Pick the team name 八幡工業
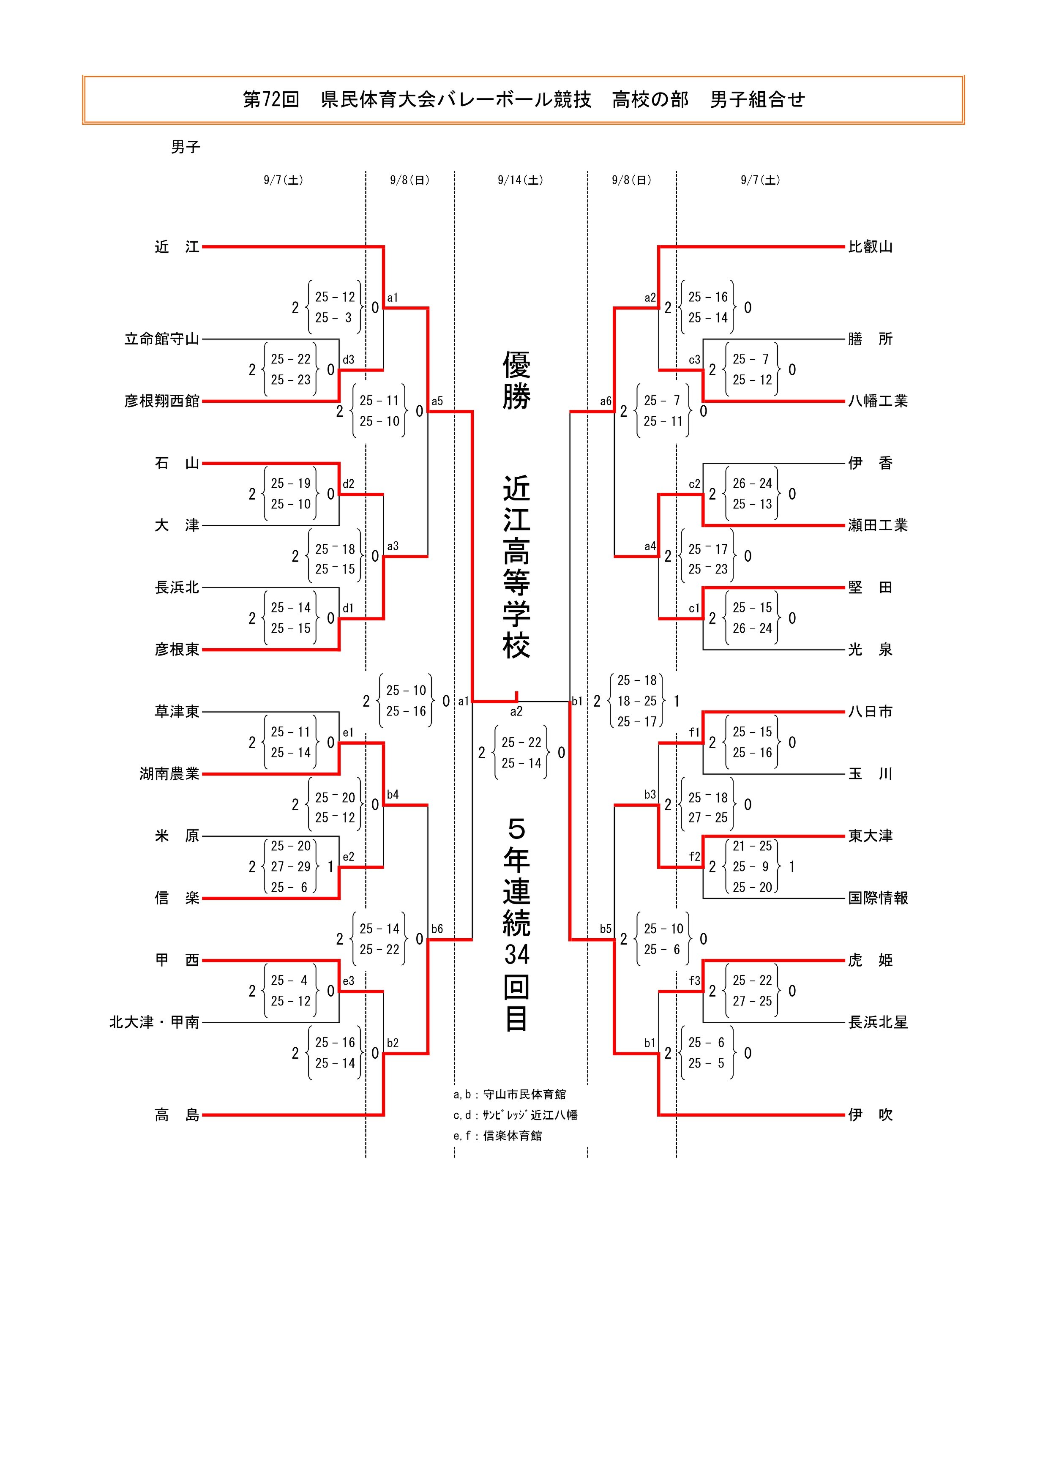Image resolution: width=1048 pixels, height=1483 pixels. click(x=878, y=401)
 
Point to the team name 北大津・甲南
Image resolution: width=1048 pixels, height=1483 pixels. click(x=154, y=1022)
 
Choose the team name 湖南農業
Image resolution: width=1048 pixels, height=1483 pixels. click(x=169, y=774)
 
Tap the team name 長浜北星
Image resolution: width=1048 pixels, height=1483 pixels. click(x=878, y=1022)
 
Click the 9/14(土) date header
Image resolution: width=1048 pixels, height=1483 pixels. click(x=521, y=180)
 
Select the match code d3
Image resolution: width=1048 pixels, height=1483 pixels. click(x=349, y=360)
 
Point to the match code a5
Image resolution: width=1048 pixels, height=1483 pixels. click(x=437, y=401)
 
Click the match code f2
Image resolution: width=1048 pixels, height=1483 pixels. click(x=694, y=857)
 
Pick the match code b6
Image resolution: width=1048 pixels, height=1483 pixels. click(x=437, y=929)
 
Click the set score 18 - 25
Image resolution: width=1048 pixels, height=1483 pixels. click(x=637, y=701)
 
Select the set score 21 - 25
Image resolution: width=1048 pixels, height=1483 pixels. click(x=752, y=846)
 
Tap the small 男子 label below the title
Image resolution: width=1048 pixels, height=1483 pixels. click(x=186, y=147)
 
